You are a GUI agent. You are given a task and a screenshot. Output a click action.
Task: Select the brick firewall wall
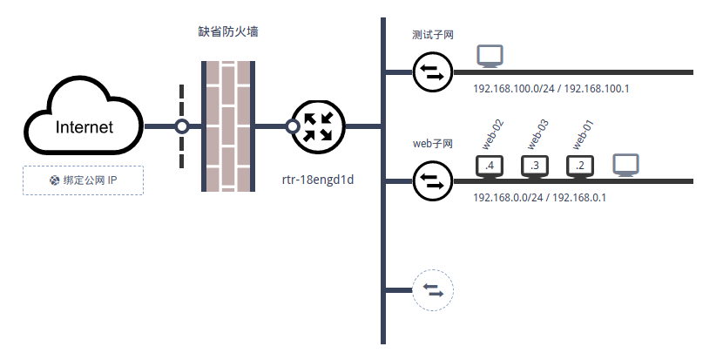click(x=228, y=126)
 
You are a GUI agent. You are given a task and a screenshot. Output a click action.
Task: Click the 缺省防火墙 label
click(x=228, y=31)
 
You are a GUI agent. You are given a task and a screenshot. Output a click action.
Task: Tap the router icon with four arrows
click(x=318, y=126)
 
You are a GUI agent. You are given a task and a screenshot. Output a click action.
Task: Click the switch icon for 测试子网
click(x=433, y=71)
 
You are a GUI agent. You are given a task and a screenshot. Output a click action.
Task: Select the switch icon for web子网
click(x=433, y=180)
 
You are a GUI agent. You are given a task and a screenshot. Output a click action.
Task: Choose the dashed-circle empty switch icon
click(x=433, y=289)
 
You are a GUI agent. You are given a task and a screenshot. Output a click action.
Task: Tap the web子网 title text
click(x=433, y=143)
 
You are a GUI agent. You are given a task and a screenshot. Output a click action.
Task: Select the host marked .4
click(x=490, y=166)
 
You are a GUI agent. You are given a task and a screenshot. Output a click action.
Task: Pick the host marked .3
click(x=535, y=166)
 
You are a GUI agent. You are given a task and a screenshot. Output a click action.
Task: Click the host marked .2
click(x=580, y=166)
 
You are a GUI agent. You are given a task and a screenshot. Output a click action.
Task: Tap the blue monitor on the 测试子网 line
click(x=490, y=58)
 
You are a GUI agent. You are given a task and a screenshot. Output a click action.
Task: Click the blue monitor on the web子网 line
click(x=626, y=165)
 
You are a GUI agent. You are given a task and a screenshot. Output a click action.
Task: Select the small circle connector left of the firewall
click(x=182, y=126)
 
